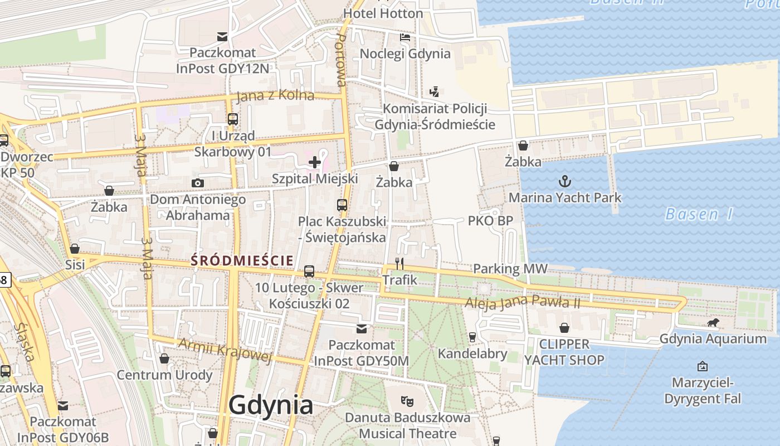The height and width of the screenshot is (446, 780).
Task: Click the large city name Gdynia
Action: (271, 405)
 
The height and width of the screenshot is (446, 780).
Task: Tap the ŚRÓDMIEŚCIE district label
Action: (242, 260)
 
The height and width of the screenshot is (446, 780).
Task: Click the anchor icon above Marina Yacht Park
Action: (565, 181)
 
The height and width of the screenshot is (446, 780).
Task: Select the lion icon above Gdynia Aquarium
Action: (713, 323)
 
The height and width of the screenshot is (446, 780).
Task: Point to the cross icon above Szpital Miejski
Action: (315, 162)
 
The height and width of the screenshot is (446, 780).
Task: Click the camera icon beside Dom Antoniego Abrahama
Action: (197, 183)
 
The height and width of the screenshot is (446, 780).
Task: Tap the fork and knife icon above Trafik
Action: (399, 263)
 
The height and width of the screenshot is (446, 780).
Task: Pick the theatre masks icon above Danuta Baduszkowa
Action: (407, 400)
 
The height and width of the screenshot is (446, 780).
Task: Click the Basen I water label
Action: (699, 214)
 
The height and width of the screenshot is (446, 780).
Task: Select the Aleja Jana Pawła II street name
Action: (523, 303)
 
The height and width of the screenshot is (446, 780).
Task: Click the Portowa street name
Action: (341, 59)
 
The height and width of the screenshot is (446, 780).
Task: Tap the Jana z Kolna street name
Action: (275, 96)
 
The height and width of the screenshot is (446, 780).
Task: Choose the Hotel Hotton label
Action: (383, 13)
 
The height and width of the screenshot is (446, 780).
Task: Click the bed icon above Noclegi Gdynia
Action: (405, 37)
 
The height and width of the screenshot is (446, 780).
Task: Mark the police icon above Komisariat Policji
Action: (435, 92)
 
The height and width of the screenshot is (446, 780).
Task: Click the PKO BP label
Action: (490, 221)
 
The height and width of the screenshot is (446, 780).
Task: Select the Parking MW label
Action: (510, 269)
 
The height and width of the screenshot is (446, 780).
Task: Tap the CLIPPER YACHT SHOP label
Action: (564, 352)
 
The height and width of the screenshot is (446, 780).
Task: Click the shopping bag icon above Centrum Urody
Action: (164, 358)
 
